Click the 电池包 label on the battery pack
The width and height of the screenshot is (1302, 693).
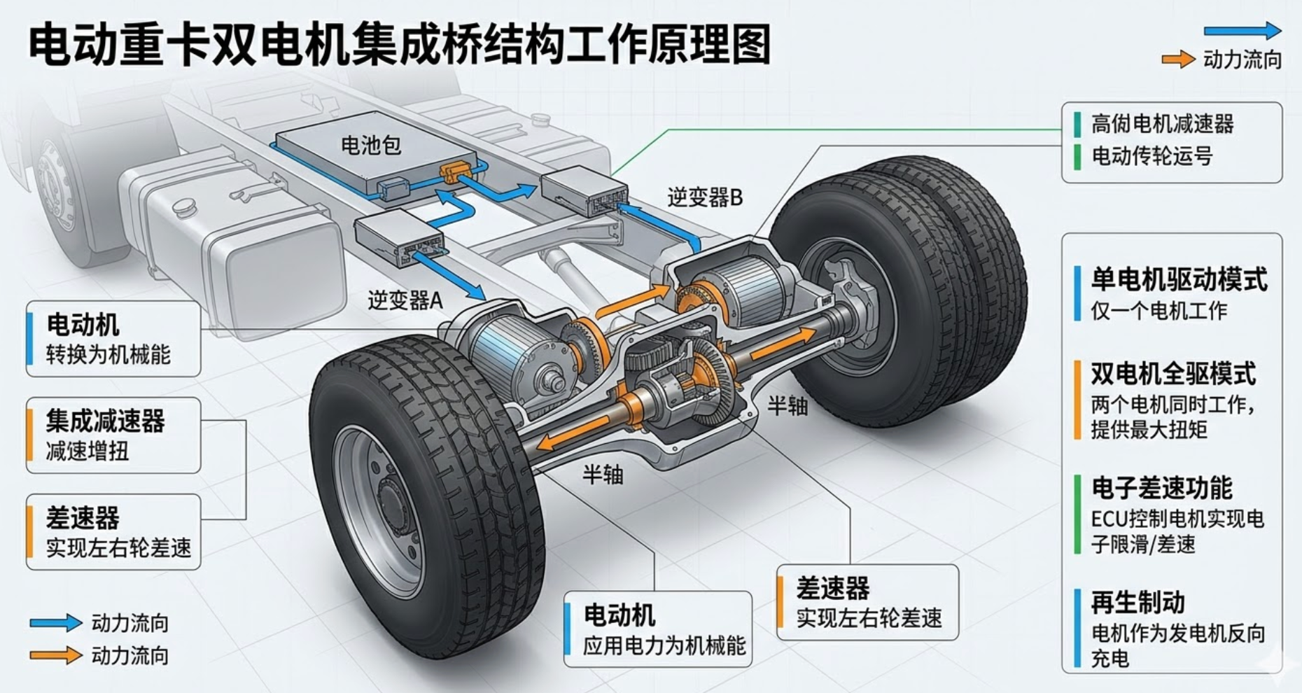pyautogui.click(x=370, y=146)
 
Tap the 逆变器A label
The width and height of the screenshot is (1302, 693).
pyautogui.click(x=405, y=300)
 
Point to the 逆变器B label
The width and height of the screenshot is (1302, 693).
pyautogui.click(x=704, y=197)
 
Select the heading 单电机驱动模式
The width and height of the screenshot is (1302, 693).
pyautogui.click(x=1179, y=280)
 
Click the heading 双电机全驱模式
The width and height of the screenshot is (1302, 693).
pyautogui.click(x=1173, y=374)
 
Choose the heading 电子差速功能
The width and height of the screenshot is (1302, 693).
pyautogui.click(x=1162, y=488)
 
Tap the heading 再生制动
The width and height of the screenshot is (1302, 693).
pyautogui.click(x=1138, y=602)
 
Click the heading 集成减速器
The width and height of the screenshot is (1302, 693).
pyautogui.click(x=106, y=421)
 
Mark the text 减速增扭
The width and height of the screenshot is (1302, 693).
pyautogui.click(x=87, y=451)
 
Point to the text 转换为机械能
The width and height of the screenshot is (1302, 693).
pyautogui.click(x=108, y=354)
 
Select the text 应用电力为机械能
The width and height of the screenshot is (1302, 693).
pyautogui.click(x=664, y=645)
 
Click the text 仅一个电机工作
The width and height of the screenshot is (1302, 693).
pyautogui.click(x=1158, y=310)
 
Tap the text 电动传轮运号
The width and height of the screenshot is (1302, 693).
pyautogui.click(x=1152, y=155)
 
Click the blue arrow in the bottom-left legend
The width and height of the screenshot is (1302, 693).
pyautogui.click(x=56, y=622)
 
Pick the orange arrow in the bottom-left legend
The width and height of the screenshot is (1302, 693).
pyautogui.click(x=56, y=655)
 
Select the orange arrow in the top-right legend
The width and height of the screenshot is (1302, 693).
pyautogui.click(x=1178, y=59)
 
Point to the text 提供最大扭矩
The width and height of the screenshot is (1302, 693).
pyautogui.click(x=1149, y=429)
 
